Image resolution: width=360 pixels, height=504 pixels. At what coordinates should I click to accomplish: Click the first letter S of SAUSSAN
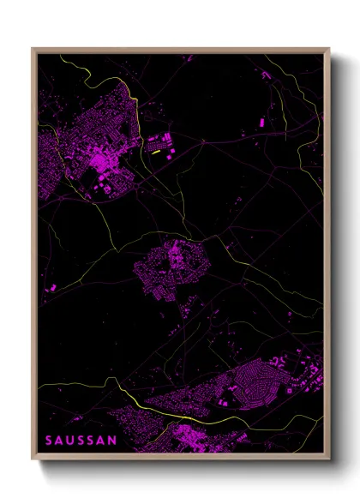click(49, 440)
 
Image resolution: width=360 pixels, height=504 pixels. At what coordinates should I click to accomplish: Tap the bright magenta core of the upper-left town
click(102, 159)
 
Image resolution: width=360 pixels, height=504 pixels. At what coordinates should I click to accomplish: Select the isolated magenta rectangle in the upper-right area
click(262, 123)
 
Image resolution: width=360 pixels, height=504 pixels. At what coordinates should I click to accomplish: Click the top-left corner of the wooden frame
click(33, 49)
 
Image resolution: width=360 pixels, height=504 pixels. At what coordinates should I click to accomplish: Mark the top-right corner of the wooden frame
click(328, 49)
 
